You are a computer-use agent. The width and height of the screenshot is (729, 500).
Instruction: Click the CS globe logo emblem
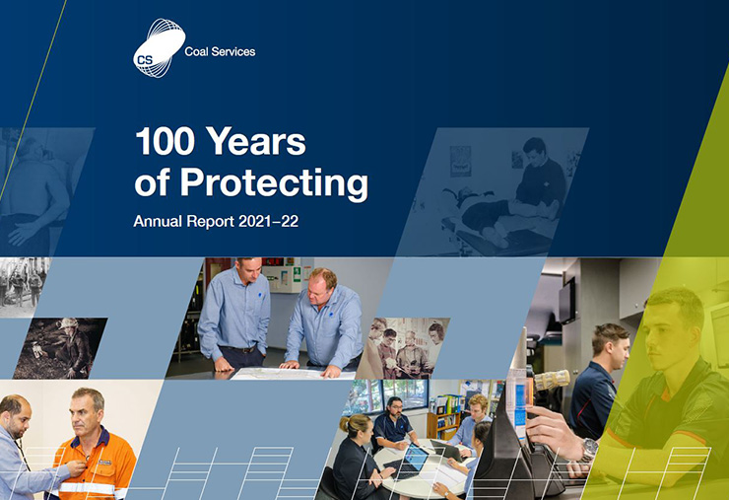(x=160, y=48)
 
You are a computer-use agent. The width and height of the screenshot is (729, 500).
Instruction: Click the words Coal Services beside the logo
(x=220, y=51)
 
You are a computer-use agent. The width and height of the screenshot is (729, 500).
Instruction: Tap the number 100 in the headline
(x=165, y=141)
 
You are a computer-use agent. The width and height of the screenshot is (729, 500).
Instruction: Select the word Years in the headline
(x=256, y=141)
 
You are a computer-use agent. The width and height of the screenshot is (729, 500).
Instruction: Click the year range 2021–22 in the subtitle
(x=268, y=221)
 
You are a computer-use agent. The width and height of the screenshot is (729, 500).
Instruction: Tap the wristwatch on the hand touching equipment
(x=589, y=450)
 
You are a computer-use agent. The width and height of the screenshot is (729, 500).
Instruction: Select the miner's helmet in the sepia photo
(x=68, y=323)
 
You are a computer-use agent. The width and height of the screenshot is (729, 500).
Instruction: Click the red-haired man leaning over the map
(x=323, y=322)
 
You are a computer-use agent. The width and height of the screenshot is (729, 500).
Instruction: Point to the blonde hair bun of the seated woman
(x=345, y=424)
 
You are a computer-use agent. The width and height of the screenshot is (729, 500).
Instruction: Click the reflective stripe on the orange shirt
(x=89, y=488)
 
